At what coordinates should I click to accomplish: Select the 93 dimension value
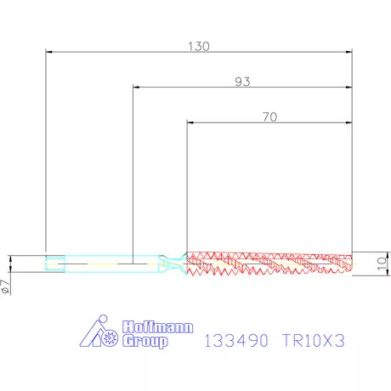click(x=241, y=82)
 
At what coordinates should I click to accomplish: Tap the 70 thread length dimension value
click(x=269, y=118)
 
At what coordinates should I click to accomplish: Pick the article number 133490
click(x=237, y=339)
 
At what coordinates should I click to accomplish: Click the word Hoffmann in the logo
click(x=146, y=326)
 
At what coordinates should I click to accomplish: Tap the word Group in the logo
click(x=144, y=341)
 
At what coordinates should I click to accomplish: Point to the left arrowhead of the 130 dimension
click(x=49, y=52)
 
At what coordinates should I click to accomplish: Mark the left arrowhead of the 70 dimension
click(x=190, y=124)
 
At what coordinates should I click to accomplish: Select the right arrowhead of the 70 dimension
click(x=348, y=124)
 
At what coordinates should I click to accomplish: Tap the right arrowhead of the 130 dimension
click(x=348, y=52)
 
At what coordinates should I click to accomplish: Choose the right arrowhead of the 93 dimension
click(x=348, y=88)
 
